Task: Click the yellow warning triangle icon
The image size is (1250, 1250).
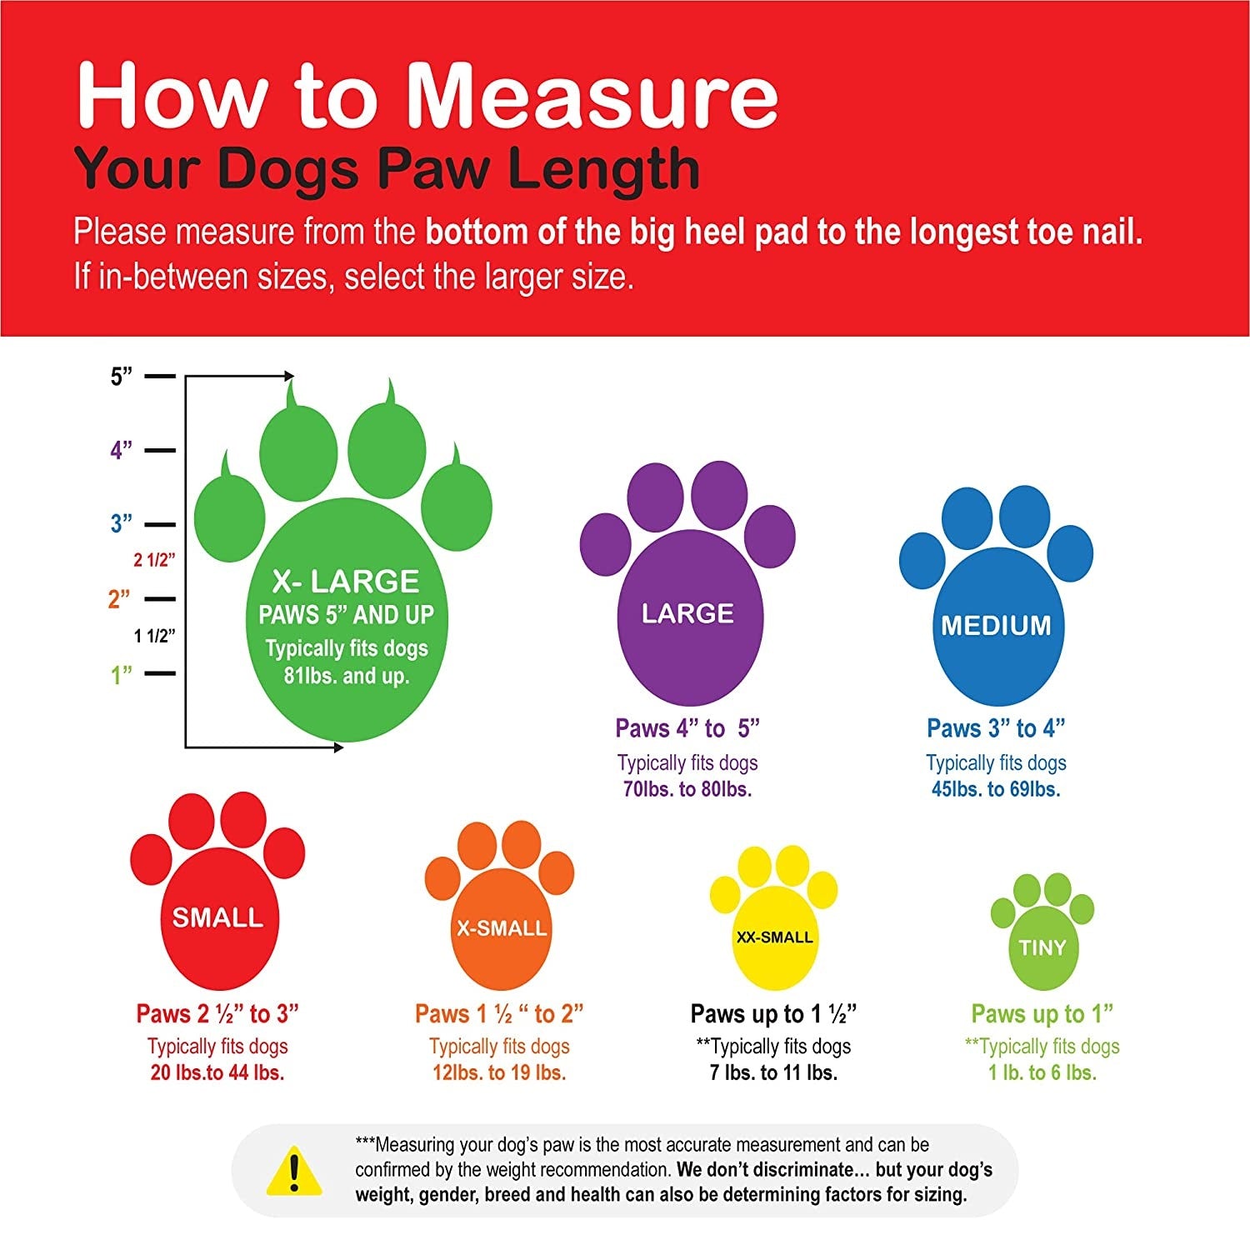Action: point(293,1170)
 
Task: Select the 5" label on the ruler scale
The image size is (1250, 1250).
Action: point(122,377)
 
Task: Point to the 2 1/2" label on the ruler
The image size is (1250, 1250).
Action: point(155,560)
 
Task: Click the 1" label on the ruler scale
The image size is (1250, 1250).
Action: point(122,674)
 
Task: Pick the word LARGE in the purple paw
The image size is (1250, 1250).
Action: point(687,613)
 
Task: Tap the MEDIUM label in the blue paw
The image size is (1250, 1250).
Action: point(997,625)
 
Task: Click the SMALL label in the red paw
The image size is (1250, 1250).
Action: point(217,917)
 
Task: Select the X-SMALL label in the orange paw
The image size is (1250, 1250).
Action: point(502,928)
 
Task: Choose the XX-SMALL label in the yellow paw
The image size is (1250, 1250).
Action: point(774,937)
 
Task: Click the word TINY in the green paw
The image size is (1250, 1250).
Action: point(1042,947)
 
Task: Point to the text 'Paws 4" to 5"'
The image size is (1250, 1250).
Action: point(687,728)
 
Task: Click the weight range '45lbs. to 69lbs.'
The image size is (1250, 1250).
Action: point(996,789)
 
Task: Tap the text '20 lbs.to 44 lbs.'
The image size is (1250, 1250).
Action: point(217,1072)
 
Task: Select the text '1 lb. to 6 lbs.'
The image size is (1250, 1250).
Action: point(1042,1072)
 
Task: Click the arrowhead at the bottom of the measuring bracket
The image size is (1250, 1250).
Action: point(338,747)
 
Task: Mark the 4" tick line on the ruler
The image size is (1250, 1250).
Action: point(160,451)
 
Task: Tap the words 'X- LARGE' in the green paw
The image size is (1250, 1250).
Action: point(346,581)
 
